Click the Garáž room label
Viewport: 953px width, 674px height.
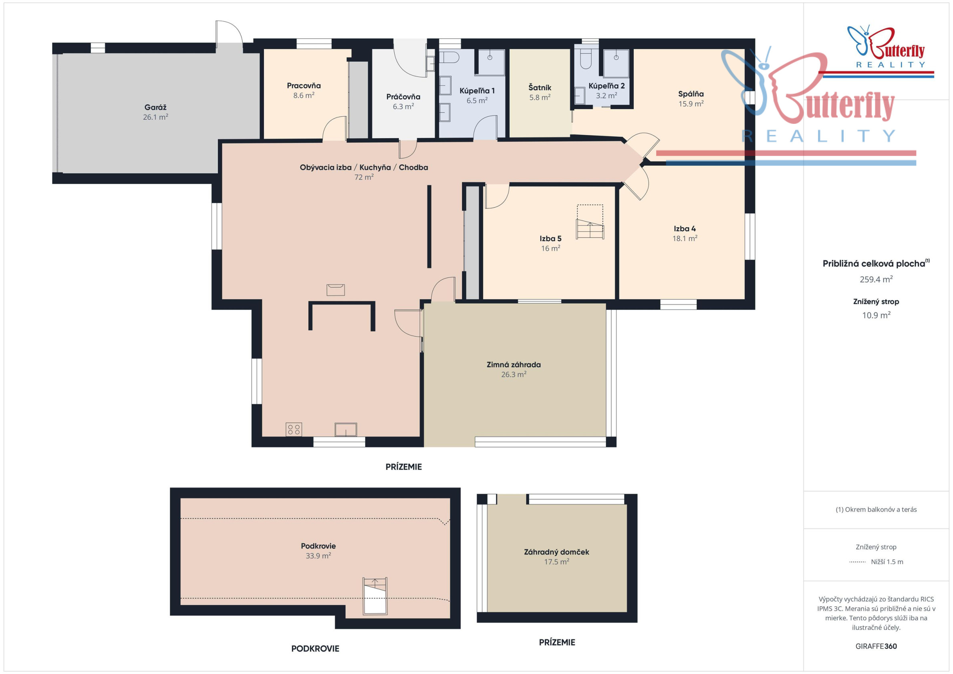(155, 107)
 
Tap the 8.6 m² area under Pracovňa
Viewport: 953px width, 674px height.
(304, 95)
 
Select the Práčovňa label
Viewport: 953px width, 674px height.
(403, 96)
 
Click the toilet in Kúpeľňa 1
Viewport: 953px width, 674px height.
(449, 57)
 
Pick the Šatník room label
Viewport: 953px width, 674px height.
(540, 87)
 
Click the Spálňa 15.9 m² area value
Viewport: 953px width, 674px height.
(691, 104)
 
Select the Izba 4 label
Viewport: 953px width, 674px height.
(685, 228)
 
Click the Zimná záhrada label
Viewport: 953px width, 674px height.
(514, 364)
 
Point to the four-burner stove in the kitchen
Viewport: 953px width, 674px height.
(294, 429)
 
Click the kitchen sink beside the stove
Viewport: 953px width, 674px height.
(346, 429)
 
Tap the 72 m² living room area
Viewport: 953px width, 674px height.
(364, 177)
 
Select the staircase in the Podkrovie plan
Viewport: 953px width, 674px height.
(375, 595)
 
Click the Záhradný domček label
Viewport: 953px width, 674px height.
(556, 551)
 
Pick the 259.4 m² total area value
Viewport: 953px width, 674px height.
(876, 279)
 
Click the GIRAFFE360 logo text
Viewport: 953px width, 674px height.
(876, 646)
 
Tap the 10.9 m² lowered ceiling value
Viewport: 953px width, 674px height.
(876, 315)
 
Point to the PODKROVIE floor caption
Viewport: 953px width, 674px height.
(315, 648)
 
